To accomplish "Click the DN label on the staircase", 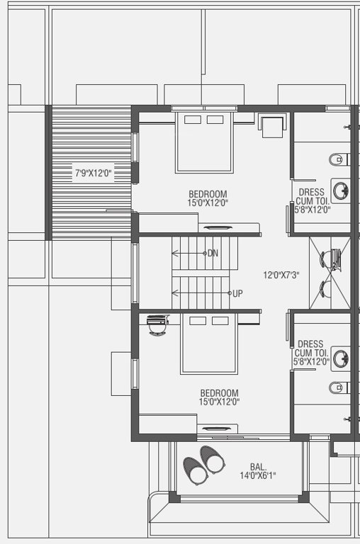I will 213,253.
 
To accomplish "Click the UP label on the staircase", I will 238,293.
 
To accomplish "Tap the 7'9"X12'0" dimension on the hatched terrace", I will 94,172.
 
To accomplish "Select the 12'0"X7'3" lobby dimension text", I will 281,275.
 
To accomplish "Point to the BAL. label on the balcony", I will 258,467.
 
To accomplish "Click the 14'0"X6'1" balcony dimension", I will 258,475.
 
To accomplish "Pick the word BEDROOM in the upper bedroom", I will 208,194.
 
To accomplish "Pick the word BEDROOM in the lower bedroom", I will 219,393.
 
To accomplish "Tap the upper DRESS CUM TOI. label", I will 312,196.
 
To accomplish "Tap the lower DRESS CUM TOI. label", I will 312,348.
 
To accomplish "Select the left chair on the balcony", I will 196,469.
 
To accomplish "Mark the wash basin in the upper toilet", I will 342,190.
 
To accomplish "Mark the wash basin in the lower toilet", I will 341,358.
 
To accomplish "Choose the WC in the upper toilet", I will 337,159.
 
